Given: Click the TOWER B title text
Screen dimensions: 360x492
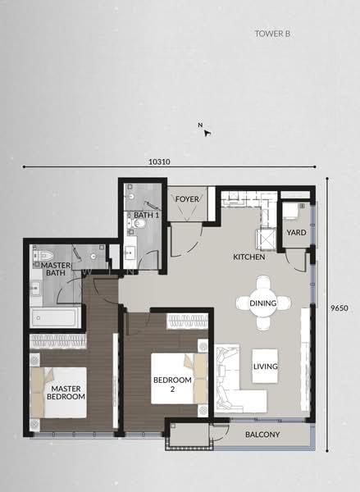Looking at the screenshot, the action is click(x=272, y=34).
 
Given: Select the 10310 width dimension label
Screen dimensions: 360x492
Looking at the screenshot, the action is click(x=159, y=162).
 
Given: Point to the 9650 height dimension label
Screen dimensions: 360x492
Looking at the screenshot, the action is click(x=339, y=307).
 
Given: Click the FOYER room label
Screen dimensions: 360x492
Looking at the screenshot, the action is click(x=187, y=199).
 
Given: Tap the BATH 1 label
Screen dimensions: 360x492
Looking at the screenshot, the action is click(x=146, y=215).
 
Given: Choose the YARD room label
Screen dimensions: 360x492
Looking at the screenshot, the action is click(x=296, y=233).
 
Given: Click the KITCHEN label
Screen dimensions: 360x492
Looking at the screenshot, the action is click(x=249, y=257).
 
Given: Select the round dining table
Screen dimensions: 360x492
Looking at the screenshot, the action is click(x=263, y=303).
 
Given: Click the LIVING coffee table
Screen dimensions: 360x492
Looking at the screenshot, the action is click(x=265, y=366).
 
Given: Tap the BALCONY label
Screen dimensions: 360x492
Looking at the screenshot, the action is click(x=262, y=435).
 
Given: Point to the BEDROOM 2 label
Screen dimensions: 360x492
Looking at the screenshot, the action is click(x=172, y=385).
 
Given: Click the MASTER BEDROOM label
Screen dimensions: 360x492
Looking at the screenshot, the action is click(x=66, y=393).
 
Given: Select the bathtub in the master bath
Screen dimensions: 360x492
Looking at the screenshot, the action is click(x=55, y=317).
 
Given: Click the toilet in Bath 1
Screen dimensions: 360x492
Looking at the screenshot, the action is click(x=138, y=223).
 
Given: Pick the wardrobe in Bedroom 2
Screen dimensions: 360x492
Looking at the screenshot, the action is click(x=187, y=321).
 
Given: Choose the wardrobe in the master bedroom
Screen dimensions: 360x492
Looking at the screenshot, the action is click(x=57, y=341).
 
